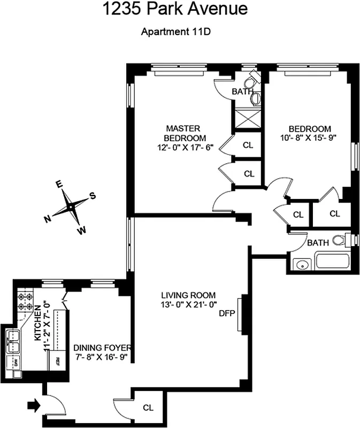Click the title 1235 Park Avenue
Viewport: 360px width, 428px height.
tap(177, 9)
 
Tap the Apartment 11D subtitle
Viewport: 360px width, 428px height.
tap(177, 31)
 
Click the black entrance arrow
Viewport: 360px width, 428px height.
tap(33, 407)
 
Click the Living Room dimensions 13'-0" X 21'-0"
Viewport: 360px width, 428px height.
tap(188, 304)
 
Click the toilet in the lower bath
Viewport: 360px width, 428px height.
tap(340, 240)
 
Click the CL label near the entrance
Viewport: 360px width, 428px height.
tap(148, 407)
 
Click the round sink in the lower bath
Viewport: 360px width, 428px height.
tap(302, 263)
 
